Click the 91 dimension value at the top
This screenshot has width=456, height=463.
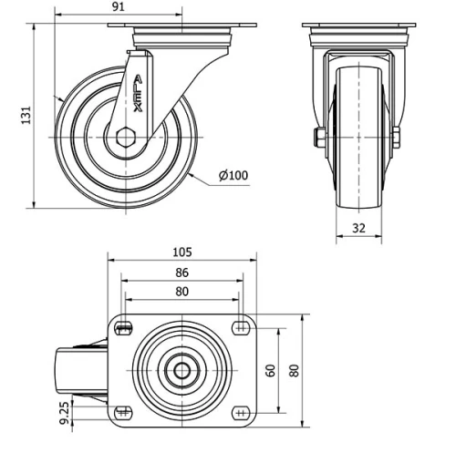click(x=118, y=7)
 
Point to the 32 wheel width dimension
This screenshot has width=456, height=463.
click(x=358, y=228)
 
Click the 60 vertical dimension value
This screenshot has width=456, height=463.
click(x=270, y=369)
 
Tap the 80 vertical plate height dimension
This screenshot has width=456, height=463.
click(x=294, y=370)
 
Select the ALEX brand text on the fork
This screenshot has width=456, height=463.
click(x=138, y=93)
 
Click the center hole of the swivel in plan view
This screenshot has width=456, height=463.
click(x=181, y=371)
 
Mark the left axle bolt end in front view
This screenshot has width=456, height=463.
click(x=318, y=138)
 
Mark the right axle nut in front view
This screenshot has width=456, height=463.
click(x=397, y=138)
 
